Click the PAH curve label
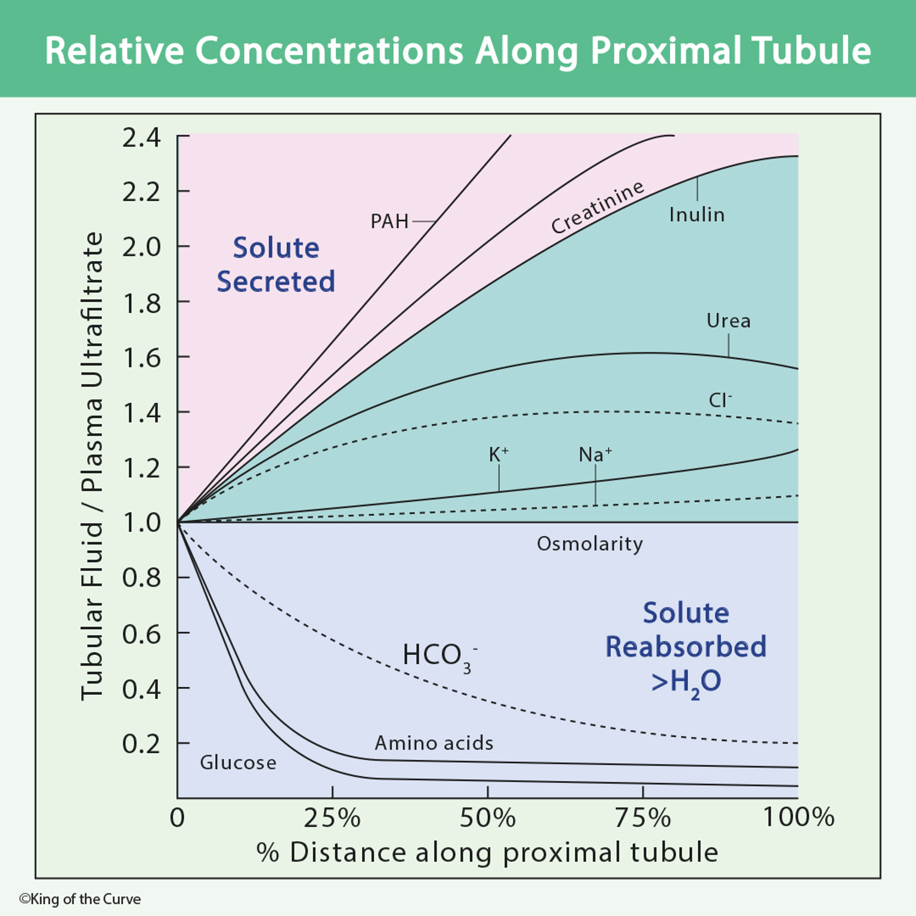point(389,221)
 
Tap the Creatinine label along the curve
point(597,207)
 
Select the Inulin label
point(697,215)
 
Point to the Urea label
point(728,321)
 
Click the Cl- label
point(720,400)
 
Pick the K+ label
point(499,455)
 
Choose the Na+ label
point(595,455)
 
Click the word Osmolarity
point(590,544)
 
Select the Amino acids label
point(434,743)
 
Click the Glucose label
point(238,763)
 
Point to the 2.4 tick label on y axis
point(141,138)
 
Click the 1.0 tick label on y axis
point(141,523)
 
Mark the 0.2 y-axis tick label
point(141,744)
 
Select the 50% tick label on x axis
point(487,818)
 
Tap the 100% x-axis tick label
point(798,818)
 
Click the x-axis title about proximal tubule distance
point(487,852)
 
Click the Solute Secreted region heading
point(276,264)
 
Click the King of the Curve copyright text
point(80,899)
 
